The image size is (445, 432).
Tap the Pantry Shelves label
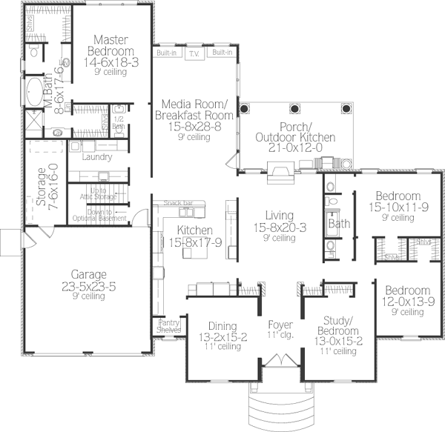(x=168, y=327)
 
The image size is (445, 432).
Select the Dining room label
(x=222, y=326)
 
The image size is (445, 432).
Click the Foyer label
(x=280, y=325)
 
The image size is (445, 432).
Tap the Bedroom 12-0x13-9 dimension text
(x=408, y=301)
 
